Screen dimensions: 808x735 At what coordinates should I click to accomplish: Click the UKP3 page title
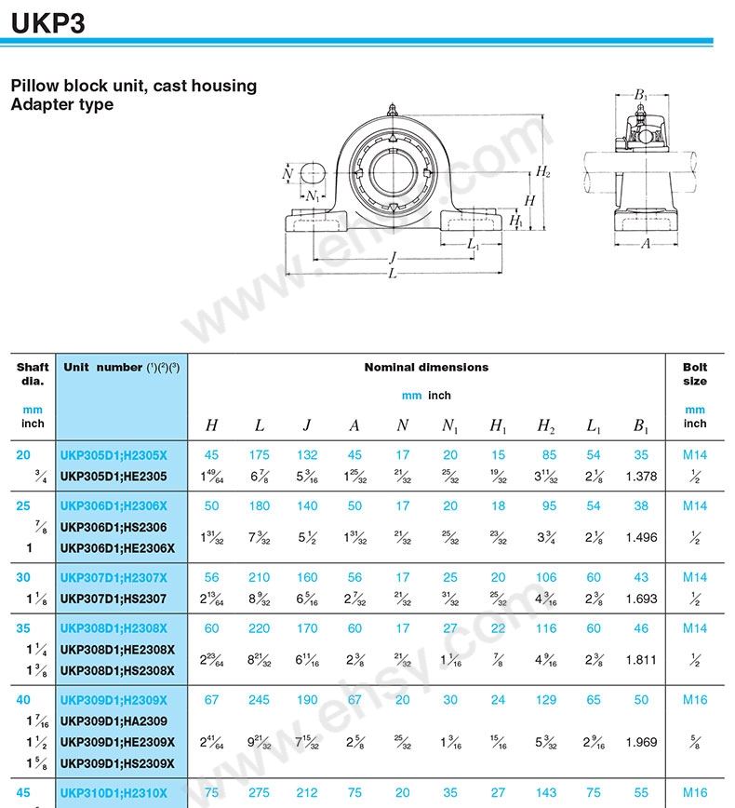[48, 21]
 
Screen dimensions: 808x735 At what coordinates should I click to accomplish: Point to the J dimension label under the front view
[392, 258]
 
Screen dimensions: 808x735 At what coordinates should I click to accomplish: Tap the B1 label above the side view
[641, 95]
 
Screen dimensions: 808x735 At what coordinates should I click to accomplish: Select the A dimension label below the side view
[646, 244]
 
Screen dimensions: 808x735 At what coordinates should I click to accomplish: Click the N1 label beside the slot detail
[314, 196]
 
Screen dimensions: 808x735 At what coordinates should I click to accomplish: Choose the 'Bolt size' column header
[694, 374]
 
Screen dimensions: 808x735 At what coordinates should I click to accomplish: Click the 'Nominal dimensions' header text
[426, 368]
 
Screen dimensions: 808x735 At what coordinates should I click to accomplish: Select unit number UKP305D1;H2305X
[114, 455]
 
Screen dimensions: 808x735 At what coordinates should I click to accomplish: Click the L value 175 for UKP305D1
[259, 455]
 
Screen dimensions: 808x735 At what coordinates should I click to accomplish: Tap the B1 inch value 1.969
[641, 742]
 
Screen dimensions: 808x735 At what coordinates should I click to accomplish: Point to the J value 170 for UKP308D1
[306, 628]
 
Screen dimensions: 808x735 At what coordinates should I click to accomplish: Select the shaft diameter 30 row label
[23, 577]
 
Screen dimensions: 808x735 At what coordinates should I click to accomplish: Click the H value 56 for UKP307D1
[212, 577]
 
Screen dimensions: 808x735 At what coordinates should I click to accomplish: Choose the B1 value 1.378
[641, 477]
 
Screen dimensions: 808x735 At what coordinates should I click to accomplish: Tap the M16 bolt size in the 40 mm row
[694, 700]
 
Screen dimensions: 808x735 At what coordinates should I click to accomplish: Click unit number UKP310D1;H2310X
[114, 792]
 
